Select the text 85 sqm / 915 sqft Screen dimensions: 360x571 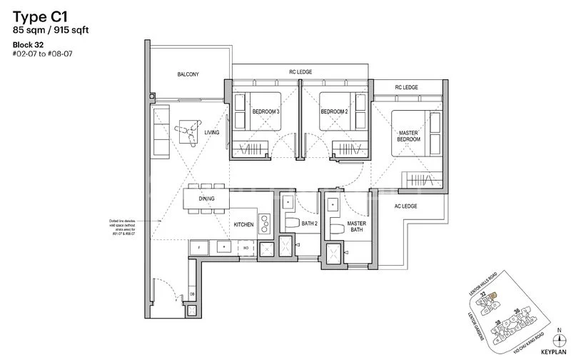tap(49, 29)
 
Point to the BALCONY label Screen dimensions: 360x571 tap(189, 74)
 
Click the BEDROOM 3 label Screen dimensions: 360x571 tap(266, 112)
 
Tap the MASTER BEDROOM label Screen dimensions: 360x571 tap(410, 134)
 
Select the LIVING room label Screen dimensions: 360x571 tap(211, 133)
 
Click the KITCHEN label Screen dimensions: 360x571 tap(243, 225)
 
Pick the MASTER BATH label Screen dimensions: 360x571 tap(357, 229)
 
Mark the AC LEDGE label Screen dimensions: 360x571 tap(405, 206)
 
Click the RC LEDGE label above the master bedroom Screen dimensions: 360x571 tap(406, 88)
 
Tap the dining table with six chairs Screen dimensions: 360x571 tap(206, 200)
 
